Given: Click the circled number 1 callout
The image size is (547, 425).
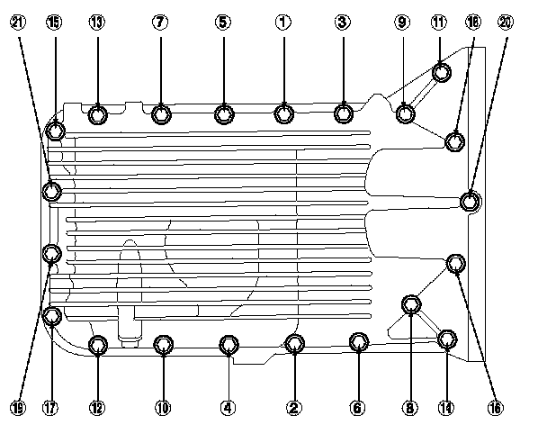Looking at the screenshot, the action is pos(283,23).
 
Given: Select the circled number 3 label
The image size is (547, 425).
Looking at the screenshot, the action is pos(342,23).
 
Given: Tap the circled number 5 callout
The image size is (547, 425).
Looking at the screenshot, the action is pos(222,23).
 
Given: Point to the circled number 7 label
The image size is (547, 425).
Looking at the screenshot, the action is pos(159,23).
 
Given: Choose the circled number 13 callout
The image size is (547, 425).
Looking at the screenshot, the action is pos(96,23).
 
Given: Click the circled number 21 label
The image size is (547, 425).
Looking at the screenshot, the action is pos(18,23).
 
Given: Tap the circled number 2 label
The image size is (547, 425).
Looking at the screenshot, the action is pos(293,407).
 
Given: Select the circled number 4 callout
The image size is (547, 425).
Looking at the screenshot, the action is pos(229,407).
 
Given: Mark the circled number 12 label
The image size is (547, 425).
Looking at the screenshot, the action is pos(98,407).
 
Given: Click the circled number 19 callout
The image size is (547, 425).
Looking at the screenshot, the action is pos(18,407).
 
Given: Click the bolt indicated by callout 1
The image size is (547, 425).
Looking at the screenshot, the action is pos(284,113).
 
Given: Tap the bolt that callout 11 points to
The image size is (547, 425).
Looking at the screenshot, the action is pos(441,72).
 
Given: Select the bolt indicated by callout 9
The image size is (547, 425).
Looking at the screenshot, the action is pos(406,113).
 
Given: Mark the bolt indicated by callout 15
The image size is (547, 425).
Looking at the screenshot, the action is pos(56,131).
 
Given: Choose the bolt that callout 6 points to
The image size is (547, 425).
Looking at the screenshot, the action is pos(358,342).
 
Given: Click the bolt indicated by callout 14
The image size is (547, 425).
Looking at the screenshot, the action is pos(446,339).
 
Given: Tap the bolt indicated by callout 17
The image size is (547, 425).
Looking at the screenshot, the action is pos(52,316).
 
